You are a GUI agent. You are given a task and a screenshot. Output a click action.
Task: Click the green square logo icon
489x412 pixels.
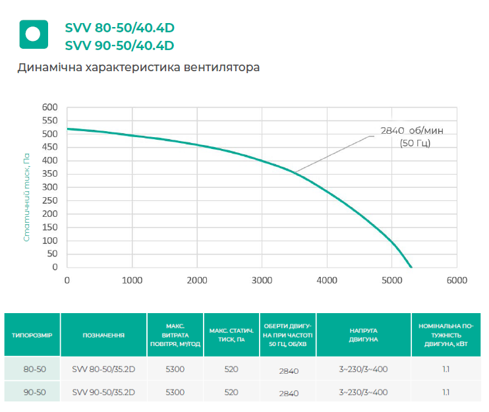[x=33, y=34]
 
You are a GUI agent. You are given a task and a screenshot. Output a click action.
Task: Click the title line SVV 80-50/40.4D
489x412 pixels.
[x=119, y=28]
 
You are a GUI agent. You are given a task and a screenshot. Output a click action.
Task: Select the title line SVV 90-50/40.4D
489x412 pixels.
[x=119, y=45]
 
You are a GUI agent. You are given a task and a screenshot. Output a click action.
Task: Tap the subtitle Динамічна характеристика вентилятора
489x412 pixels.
[x=139, y=68]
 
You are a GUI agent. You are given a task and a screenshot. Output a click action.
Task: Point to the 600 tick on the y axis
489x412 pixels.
[x=50, y=107]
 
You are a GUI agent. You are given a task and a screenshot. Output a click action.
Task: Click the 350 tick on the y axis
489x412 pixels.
[x=50, y=174]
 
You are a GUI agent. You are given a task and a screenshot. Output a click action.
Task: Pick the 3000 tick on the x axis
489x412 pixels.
[x=262, y=280]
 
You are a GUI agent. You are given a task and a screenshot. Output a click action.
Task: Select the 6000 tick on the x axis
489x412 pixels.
[x=456, y=280]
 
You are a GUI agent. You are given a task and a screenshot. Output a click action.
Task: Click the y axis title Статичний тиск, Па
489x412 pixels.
[x=27, y=198]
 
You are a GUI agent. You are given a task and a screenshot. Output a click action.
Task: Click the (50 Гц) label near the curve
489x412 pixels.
[x=415, y=143]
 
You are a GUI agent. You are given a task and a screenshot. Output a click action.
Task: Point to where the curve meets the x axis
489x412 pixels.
[x=411, y=268]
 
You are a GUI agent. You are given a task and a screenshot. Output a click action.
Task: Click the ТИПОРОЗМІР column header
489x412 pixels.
[x=32, y=335]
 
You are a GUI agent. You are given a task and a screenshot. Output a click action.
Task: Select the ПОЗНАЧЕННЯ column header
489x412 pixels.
[x=103, y=335]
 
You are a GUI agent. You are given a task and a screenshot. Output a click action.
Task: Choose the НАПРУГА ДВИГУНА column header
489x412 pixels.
[x=363, y=335]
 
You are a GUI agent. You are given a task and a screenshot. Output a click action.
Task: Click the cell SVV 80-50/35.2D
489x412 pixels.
[x=103, y=370]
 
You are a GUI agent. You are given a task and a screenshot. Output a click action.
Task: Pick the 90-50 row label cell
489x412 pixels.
[x=32, y=392]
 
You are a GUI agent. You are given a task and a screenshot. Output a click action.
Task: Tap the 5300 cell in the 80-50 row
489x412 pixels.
[x=175, y=370]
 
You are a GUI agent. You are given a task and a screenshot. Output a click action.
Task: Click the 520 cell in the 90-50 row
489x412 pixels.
[x=231, y=392]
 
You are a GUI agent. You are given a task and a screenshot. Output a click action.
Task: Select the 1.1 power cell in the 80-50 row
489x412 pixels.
[x=446, y=370]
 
